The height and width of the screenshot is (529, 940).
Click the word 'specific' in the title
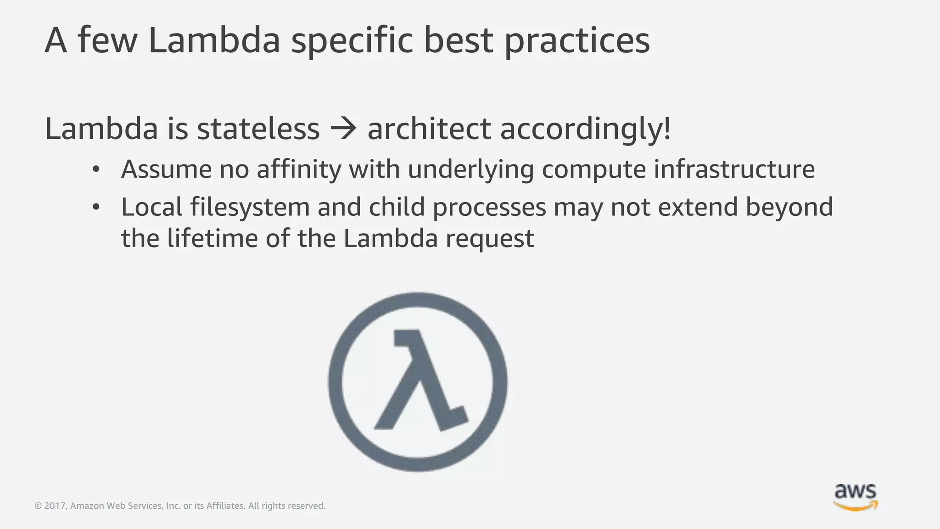(352, 40)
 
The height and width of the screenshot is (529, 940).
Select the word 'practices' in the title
(577, 40)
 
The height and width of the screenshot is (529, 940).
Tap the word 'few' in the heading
(108, 40)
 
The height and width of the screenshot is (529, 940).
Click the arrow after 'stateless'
(343, 129)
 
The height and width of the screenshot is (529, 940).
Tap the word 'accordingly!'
(585, 129)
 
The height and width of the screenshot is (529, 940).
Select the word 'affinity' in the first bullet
(299, 169)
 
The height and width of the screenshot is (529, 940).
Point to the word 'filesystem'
(250, 207)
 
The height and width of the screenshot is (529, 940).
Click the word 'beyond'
(789, 208)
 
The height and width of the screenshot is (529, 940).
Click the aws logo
(856, 497)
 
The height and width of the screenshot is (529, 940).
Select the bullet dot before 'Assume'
(95, 169)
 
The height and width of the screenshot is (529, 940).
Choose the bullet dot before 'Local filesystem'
(95, 208)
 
